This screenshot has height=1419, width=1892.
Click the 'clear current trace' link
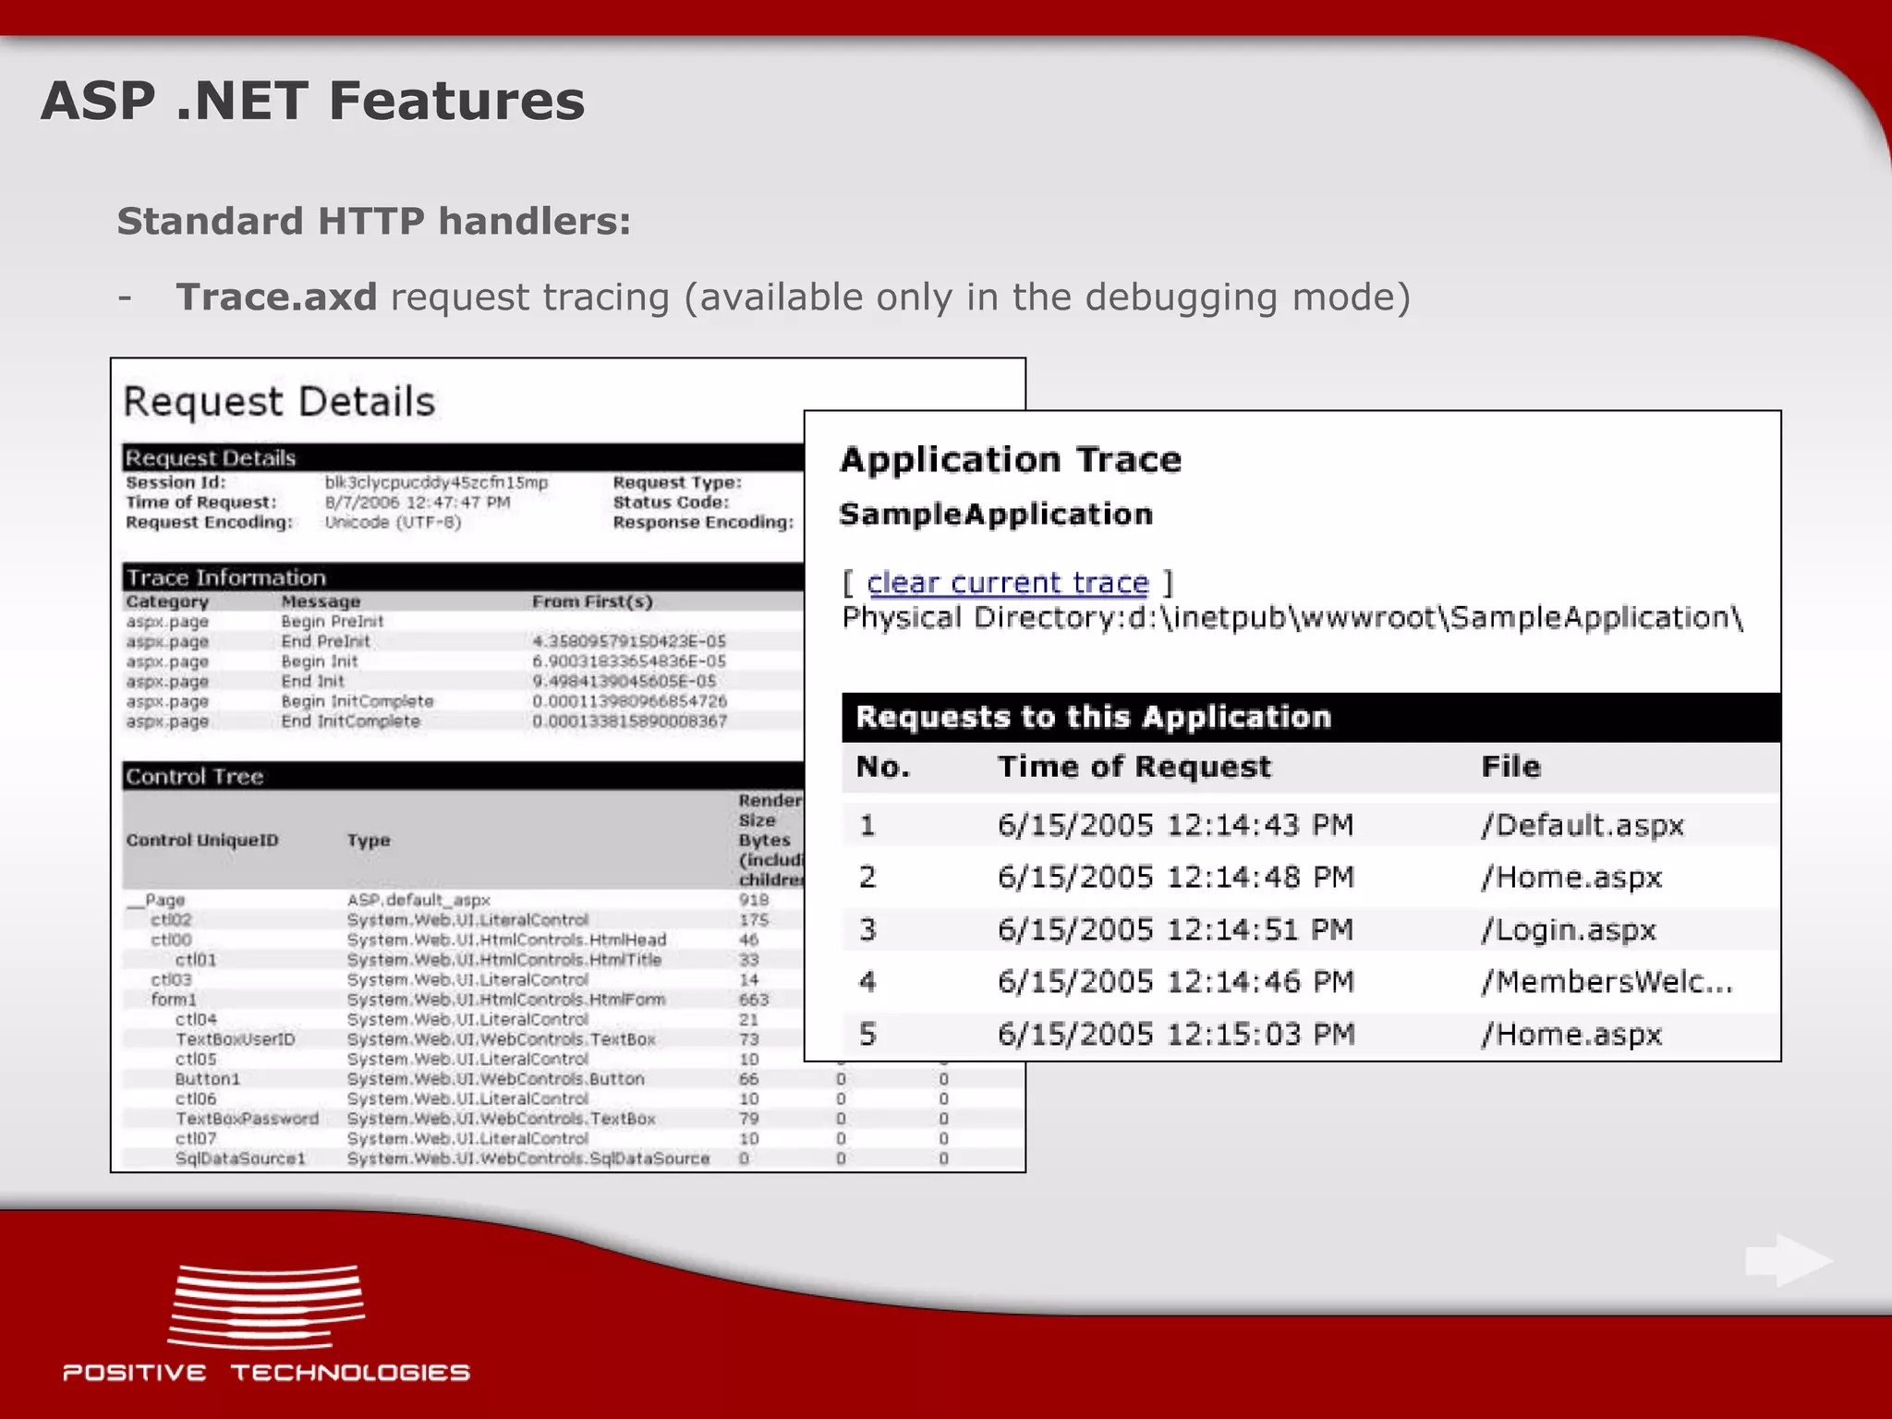(1007, 583)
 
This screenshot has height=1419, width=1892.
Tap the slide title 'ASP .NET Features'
(313, 101)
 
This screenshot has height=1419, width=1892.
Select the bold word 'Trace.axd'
(276, 297)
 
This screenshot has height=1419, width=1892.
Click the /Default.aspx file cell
(1583, 825)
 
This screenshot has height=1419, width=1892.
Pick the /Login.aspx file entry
(1569, 929)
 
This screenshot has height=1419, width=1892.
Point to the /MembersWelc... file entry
(1607, 981)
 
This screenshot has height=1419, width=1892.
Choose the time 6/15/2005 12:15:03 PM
(1175, 1034)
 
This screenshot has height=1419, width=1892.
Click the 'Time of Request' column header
(1134, 767)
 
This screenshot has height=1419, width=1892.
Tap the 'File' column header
(1510, 767)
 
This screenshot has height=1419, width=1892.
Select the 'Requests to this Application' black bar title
(1093, 717)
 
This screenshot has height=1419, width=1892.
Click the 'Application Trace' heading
(1010, 460)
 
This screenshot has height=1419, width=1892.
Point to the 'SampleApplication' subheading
(996, 515)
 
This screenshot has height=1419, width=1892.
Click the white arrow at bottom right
(1788, 1260)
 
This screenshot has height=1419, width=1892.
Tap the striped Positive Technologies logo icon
(266, 1306)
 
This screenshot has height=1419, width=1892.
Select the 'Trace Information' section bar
(226, 577)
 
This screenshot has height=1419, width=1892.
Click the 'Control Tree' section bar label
(195, 777)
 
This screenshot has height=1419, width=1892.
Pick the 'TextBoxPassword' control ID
(247, 1119)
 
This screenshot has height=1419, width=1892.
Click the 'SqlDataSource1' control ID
(240, 1158)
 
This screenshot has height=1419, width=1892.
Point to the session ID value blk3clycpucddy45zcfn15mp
(436, 482)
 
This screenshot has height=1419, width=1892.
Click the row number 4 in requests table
(867, 981)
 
